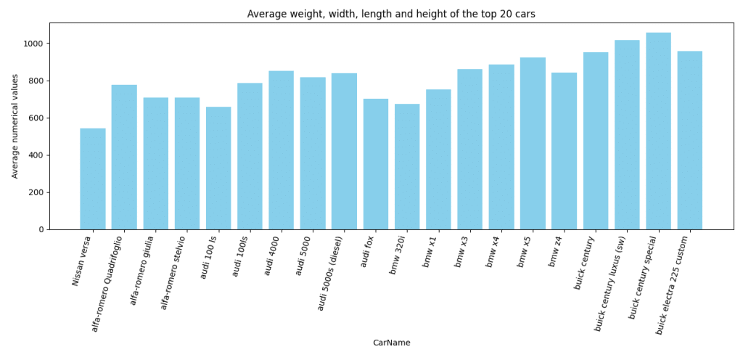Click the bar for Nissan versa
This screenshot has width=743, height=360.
(x=93, y=179)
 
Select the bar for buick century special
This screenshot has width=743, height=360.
(x=658, y=131)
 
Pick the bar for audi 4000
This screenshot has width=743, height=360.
(x=281, y=150)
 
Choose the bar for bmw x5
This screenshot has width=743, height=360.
(x=533, y=144)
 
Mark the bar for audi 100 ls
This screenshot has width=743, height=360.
(x=218, y=168)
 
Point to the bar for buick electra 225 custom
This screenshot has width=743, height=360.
(x=689, y=140)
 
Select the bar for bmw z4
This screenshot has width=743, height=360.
(x=564, y=151)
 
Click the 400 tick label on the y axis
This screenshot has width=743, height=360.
(x=36, y=155)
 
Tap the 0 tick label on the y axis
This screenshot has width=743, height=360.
(x=41, y=229)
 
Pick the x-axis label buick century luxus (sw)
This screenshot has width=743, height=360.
(x=610, y=283)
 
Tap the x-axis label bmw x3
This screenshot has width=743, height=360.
(x=462, y=251)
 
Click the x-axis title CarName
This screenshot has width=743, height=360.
(x=391, y=343)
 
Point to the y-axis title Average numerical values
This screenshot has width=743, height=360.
(x=15, y=126)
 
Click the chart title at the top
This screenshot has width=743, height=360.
(x=391, y=14)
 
